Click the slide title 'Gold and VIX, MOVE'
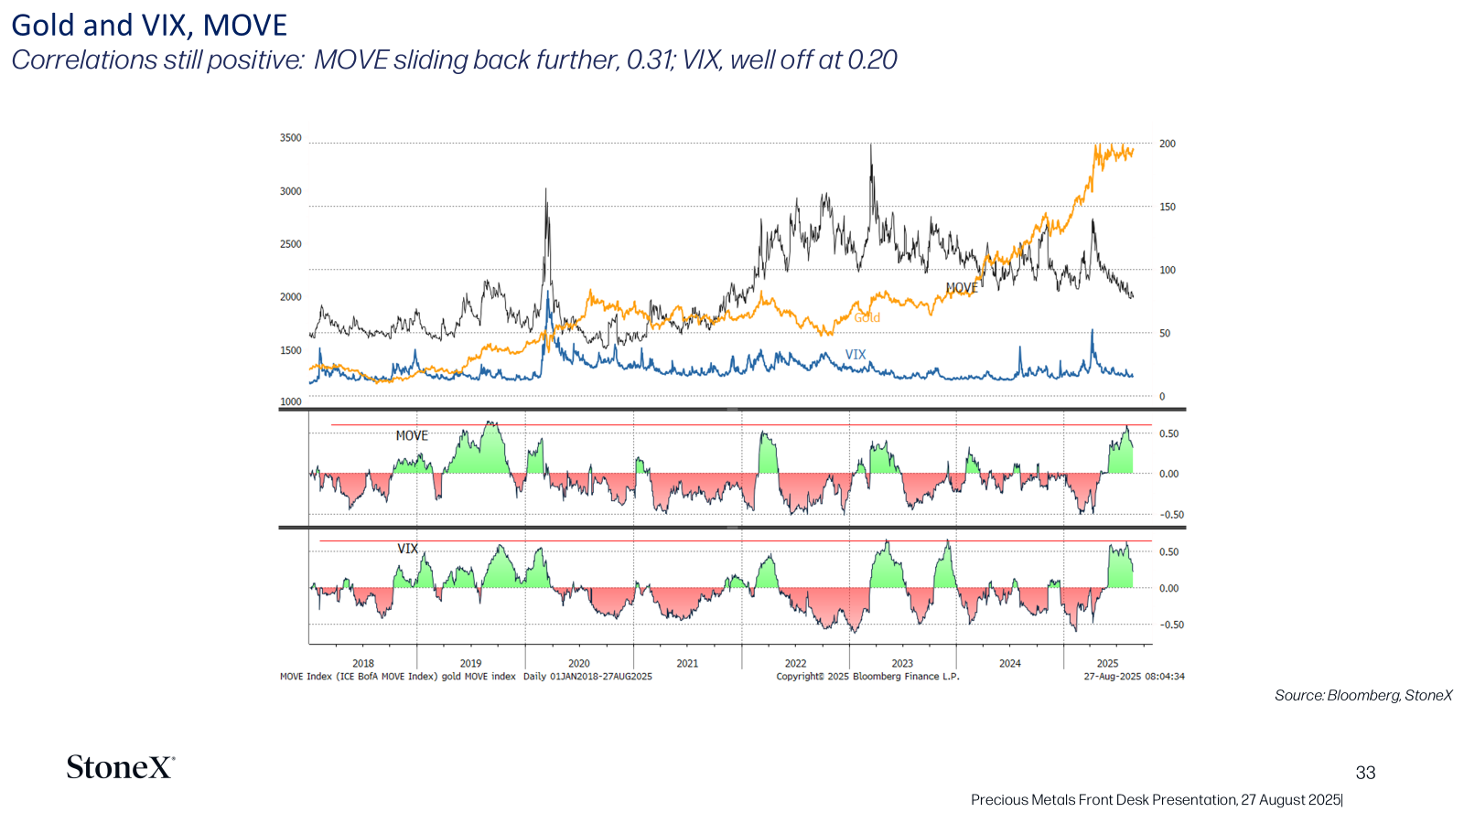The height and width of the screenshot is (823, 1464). click(149, 26)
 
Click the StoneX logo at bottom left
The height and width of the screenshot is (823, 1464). click(120, 767)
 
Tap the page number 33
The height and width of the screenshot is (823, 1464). click(1365, 773)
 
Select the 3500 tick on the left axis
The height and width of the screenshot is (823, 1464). click(291, 138)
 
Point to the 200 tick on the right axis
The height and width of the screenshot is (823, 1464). click(1168, 144)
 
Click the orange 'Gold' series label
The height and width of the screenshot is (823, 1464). click(867, 317)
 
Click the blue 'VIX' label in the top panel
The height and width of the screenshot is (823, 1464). click(856, 355)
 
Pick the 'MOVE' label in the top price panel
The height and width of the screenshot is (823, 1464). click(962, 288)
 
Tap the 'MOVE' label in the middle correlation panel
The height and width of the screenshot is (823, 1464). click(412, 435)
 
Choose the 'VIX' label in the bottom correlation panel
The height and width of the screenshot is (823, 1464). click(408, 549)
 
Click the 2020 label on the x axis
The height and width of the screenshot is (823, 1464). click(579, 664)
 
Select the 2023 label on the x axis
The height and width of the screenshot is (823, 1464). click(902, 664)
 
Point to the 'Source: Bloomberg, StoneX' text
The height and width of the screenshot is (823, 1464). click(1363, 696)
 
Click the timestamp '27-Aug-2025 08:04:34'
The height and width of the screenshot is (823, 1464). click(1134, 677)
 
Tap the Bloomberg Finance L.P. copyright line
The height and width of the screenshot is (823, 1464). click(868, 677)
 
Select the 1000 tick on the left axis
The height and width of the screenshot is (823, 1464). click(291, 401)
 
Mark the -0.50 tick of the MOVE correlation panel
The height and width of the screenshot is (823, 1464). click(1172, 515)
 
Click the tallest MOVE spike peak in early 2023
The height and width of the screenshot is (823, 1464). click(871, 145)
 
